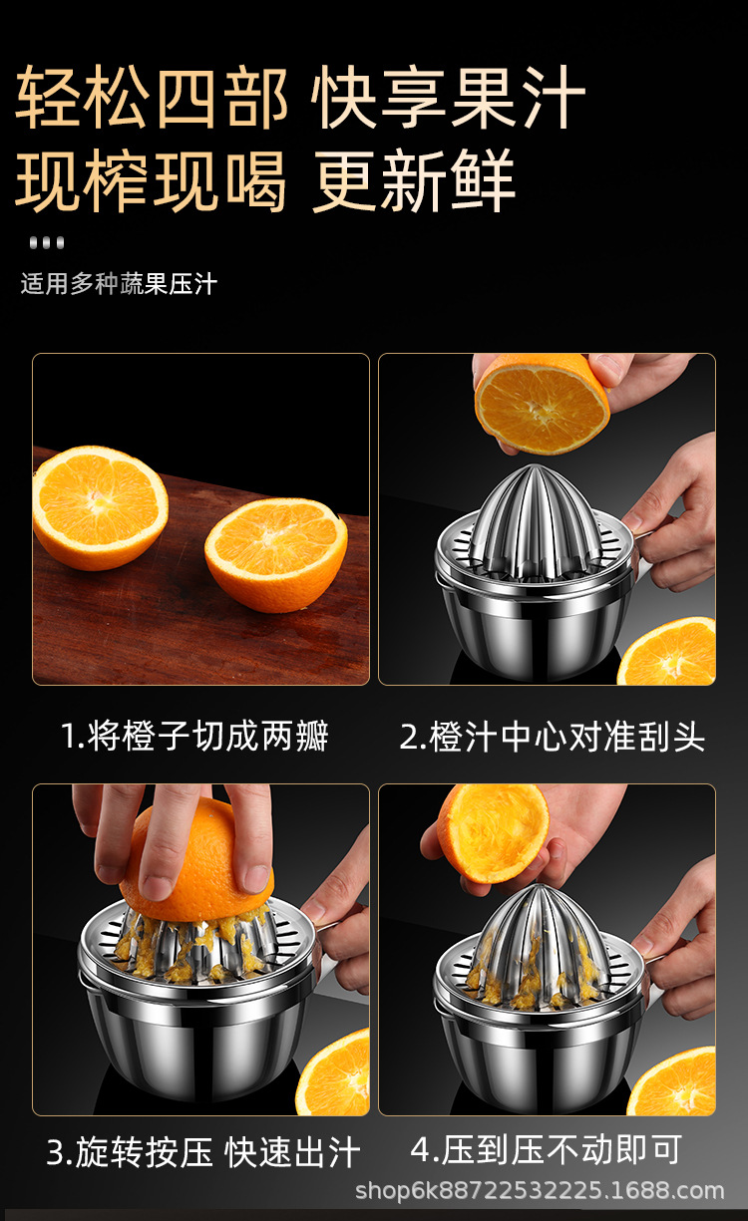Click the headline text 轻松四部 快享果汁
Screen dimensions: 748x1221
point(300,98)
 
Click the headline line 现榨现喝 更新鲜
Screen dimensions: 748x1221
point(265,180)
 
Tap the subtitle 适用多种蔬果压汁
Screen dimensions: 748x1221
point(119,284)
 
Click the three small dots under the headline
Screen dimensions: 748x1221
point(47,242)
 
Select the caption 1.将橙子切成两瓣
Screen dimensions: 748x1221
point(194,736)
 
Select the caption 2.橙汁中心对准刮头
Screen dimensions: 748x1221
point(553,737)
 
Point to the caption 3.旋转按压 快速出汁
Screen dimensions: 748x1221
point(203,1152)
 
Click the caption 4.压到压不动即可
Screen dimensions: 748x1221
point(547,1149)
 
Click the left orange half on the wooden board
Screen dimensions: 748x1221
point(100,507)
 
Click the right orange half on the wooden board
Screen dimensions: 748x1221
point(276,554)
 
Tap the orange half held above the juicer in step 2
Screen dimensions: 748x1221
point(542,404)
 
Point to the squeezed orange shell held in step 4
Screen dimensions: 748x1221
point(493,833)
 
